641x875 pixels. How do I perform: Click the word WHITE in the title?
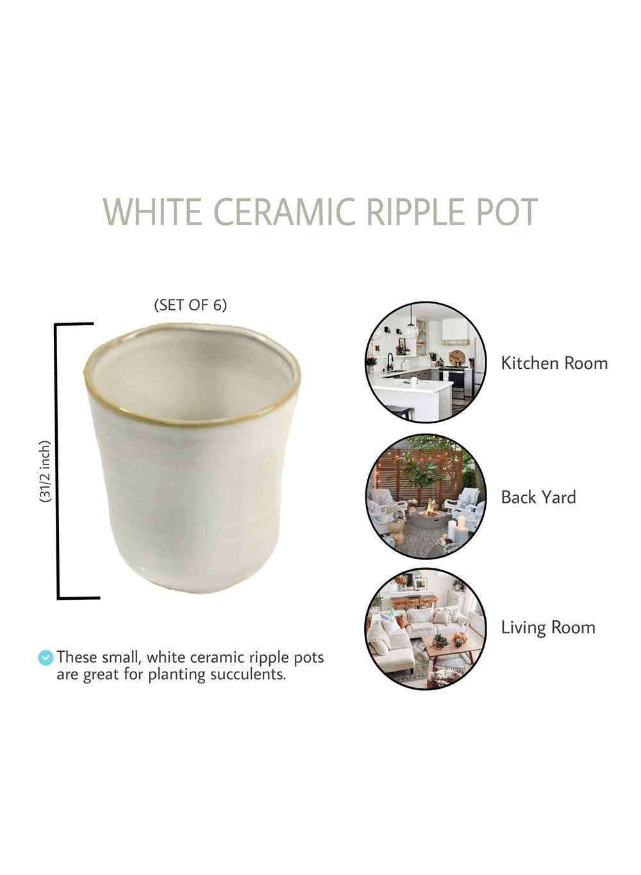(153, 212)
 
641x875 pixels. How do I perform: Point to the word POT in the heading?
(506, 212)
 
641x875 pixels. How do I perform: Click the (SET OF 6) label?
(190, 305)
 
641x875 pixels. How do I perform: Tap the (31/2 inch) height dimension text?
(46, 471)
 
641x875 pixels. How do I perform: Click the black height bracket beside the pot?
(57, 461)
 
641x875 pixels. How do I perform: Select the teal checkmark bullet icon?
(46, 658)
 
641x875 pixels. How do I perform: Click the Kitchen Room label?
(554, 363)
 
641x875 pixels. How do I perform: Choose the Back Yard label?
(538, 497)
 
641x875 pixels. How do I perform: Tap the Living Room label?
(548, 628)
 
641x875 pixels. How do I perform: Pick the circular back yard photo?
(426, 497)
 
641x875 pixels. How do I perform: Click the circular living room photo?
(426, 629)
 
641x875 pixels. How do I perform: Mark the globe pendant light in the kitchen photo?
(411, 331)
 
